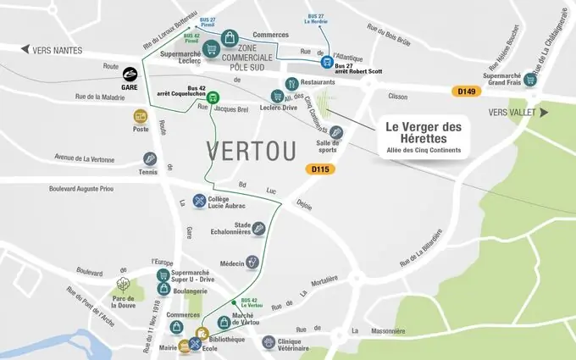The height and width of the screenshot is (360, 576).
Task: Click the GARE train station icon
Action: point(130,75)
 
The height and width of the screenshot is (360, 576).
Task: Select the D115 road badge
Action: point(321,169)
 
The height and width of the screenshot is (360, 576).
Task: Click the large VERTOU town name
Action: point(252,151)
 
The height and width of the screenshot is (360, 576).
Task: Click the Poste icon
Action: point(141,116)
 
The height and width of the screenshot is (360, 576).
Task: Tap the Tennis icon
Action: point(150,158)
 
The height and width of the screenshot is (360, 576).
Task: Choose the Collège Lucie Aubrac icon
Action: point(199,201)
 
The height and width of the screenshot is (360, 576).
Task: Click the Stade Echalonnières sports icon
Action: point(260,229)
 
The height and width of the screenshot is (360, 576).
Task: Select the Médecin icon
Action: point(252,263)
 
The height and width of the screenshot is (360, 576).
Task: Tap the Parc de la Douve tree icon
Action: point(124,285)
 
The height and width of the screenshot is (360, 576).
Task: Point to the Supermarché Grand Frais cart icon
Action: point(530,80)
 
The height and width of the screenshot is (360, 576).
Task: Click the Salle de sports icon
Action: point(335,132)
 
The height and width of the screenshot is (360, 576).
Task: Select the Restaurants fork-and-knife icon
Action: point(292,83)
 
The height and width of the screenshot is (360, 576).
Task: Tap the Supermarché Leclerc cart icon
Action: point(209,50)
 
